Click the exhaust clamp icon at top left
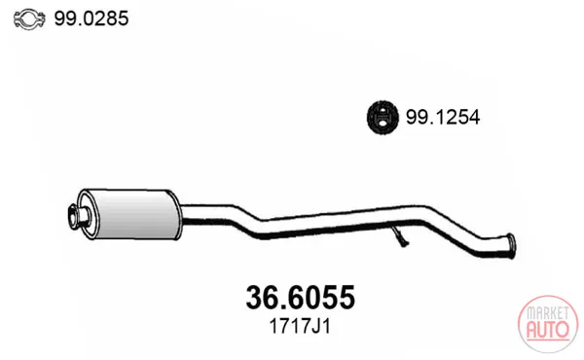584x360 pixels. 29,19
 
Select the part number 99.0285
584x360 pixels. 91,18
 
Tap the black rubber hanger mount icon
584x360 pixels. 383,118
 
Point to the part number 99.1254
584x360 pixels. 443,118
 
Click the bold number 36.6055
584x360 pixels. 300,297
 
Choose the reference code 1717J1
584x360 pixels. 300,327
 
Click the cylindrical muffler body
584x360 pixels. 134,214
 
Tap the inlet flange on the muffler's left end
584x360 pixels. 78,215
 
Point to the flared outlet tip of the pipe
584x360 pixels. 510,246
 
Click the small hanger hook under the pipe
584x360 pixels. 401,237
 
